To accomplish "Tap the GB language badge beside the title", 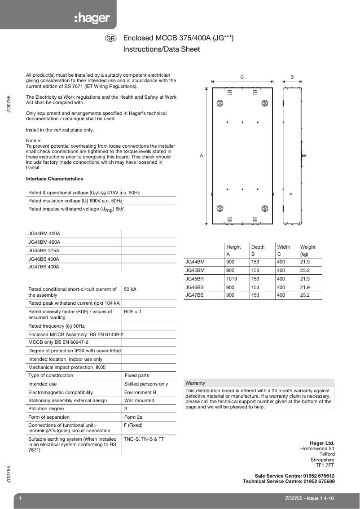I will (x=110, y=39).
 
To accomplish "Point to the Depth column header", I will (x=258, y=247).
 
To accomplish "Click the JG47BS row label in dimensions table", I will (x=194, y=295).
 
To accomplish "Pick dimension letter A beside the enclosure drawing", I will (x=202, y=155).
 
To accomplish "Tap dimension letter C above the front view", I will (x=242, y=77).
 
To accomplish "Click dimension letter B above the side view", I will (x=292, y=77).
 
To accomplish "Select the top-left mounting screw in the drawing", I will (x=220, y=104).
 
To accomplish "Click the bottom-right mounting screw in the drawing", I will (x=265, y=209).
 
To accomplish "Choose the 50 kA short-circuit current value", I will (x=130, y=290).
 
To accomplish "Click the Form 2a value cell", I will (x=133, y=417).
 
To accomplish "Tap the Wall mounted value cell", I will (x=139, y=400).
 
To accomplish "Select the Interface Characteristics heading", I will (x=54, y=179).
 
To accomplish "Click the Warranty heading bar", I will (x=259, y=383).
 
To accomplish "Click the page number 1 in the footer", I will (x=20, y=499).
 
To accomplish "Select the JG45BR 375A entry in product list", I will (x=44, y=250).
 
